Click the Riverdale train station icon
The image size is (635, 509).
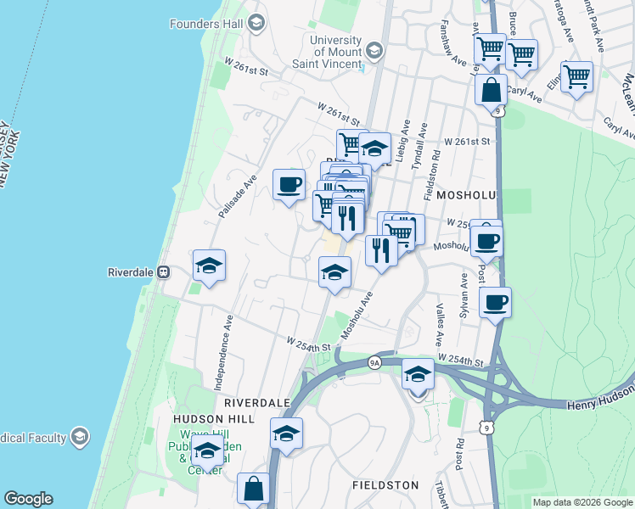point(164,272)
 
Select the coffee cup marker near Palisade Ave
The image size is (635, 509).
point(289,183)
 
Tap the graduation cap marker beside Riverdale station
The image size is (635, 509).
point(209,265)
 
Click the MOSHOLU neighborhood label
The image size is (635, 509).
point(465,194)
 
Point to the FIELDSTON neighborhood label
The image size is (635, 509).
point(385,484)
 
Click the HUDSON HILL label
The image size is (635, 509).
point(210,418)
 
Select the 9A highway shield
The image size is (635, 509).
point(374,362)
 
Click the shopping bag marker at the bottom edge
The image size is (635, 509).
point(253,489)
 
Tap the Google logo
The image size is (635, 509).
point(28,499)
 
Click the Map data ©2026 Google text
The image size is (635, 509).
point(582,502)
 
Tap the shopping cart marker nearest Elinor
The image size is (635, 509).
point(576,76)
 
